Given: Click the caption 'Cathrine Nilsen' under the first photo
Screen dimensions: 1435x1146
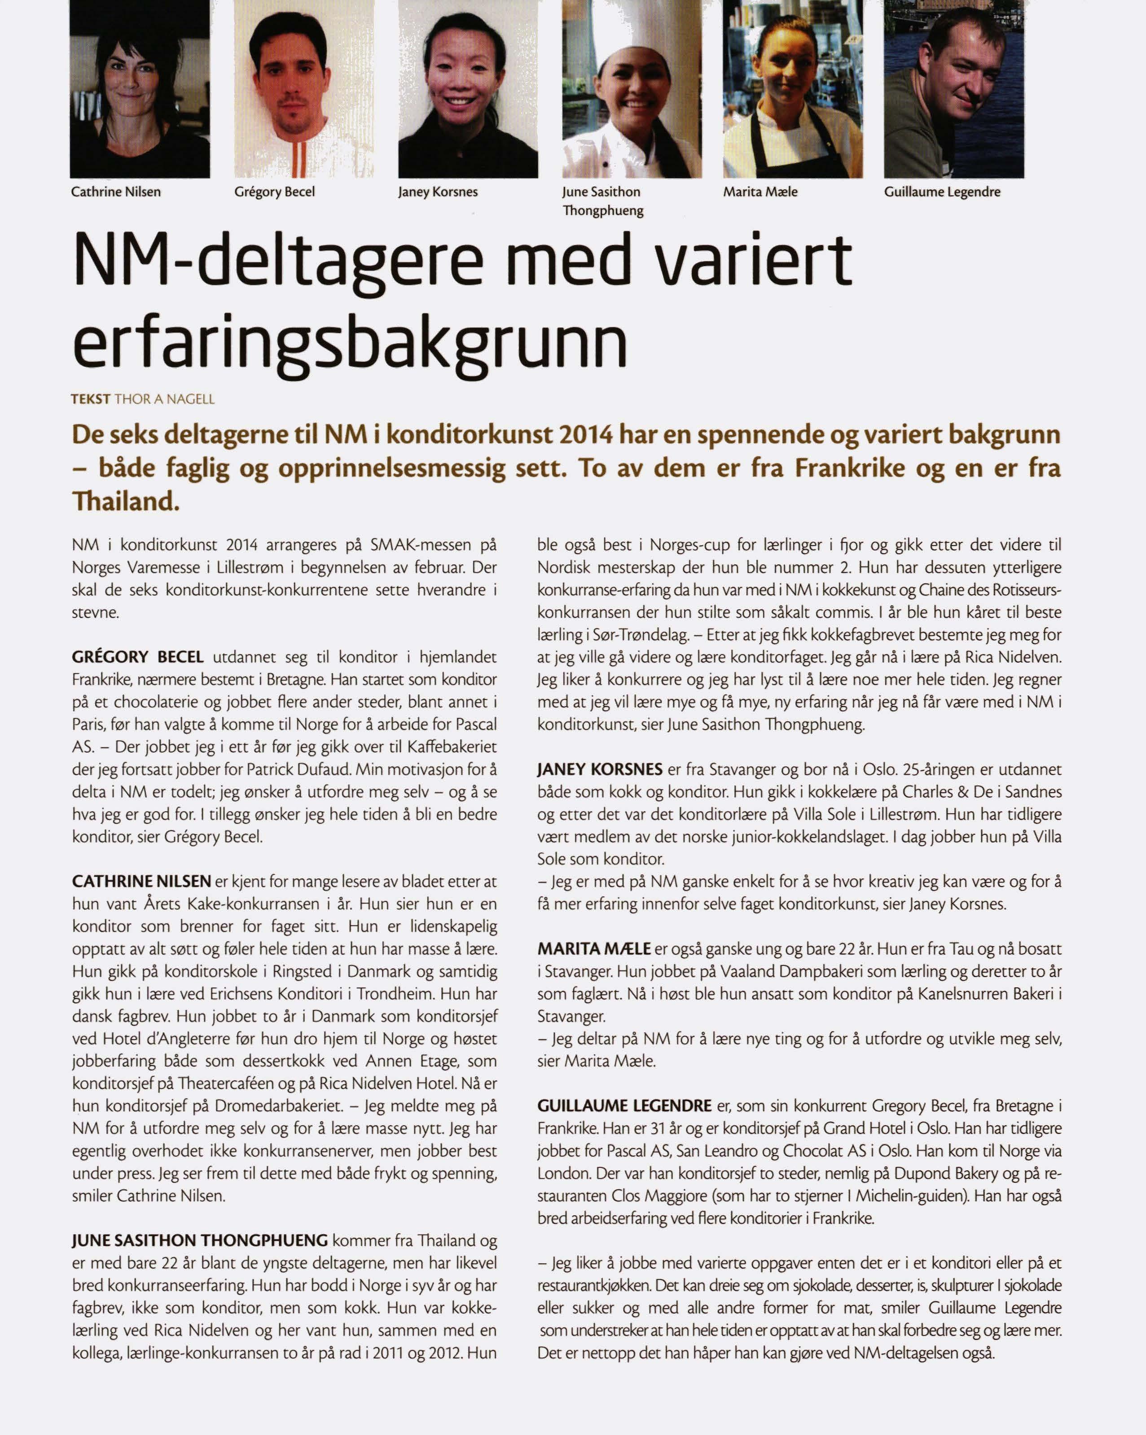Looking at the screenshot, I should click(116, 192).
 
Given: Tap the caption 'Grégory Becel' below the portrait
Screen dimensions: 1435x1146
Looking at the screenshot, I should click(274, 192).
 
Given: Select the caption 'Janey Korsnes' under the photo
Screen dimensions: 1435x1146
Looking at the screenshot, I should click(438, 192).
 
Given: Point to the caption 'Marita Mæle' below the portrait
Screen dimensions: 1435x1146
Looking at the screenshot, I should click(760, 192).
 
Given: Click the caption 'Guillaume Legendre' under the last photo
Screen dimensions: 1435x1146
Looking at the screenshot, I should click(942, 192).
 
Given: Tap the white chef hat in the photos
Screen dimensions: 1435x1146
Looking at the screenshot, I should click(629, 26).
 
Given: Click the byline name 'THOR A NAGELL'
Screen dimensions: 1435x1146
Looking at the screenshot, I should click(164, 399).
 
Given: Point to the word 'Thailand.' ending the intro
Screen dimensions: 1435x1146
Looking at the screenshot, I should click(126, 501).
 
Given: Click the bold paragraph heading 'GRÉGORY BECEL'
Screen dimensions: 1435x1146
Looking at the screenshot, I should click(138, 658).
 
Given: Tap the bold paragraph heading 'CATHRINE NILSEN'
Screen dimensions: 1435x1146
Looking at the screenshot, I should click(141, 882).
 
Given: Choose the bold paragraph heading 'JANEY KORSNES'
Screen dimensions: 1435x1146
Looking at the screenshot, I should click(599, 770).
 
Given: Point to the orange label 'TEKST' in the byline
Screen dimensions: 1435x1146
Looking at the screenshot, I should click(91, 399).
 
